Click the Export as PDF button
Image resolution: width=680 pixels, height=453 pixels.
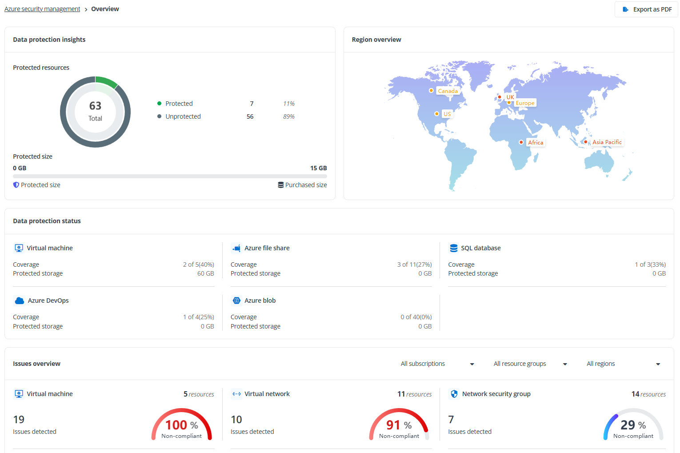point(647,9)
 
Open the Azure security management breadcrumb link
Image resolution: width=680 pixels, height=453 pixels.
point(42,9)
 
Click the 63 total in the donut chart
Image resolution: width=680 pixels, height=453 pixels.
point(95,106)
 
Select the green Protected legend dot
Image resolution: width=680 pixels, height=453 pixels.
point(159,104)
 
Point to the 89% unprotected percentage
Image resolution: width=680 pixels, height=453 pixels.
point(289,116)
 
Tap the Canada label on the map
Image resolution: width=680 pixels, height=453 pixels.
point(448,91)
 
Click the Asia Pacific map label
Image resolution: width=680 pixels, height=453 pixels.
point(607,142)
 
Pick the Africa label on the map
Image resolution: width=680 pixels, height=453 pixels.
point(536,143)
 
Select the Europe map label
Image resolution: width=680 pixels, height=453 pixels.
point(525,103)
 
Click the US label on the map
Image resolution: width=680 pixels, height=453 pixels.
point(447,114)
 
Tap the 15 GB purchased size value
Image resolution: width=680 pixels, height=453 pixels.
point(318,168)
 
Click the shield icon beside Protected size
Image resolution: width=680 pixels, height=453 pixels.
point(16,185)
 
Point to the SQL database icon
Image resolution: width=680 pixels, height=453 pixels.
point(453,248)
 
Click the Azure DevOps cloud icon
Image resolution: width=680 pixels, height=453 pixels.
point(19,301)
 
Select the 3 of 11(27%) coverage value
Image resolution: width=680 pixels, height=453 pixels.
point(414,265)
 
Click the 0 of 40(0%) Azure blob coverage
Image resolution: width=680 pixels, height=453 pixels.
point(416,317)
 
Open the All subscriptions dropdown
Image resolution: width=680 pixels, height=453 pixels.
point(437,364)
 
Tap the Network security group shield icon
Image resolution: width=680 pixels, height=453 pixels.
point(454,394)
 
